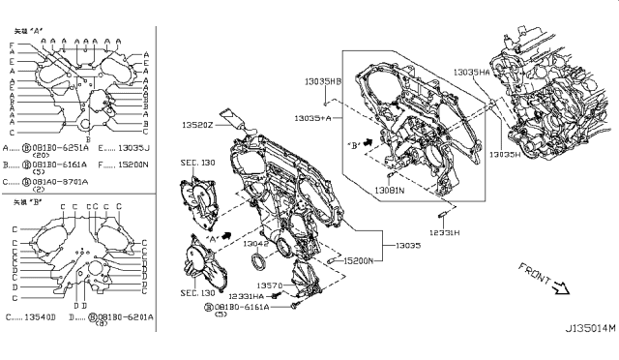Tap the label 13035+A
click(x=314, y=117)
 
